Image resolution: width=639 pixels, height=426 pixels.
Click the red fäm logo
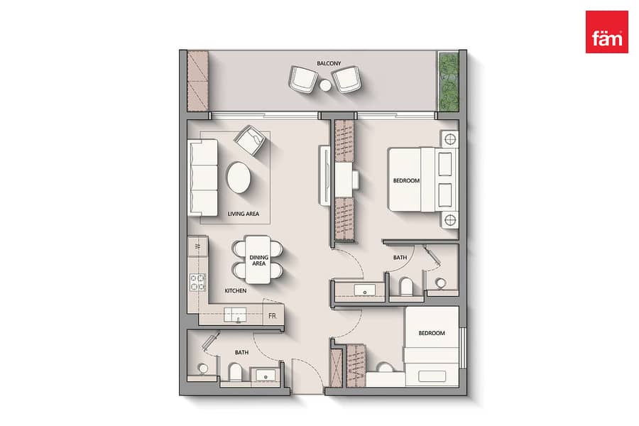[607, 32]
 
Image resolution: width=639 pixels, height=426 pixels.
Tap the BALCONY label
[329, 64]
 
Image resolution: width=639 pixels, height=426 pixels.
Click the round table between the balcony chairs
[325, 85]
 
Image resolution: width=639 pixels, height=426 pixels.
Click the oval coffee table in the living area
[239, 177]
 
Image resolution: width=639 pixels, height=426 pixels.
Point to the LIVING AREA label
[244, 214]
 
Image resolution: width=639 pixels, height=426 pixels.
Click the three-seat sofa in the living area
[202, 177]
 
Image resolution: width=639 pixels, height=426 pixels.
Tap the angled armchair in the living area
[250, 141]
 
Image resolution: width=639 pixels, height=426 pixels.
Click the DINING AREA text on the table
[258, 261]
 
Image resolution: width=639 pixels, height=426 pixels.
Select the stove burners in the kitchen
[198, 282]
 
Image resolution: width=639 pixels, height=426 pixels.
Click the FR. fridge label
[272, 316]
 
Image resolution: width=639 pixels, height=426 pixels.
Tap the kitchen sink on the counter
[235, 315]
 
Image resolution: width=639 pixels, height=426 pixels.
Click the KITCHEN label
[236, 290]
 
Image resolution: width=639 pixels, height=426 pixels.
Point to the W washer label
[198, 246]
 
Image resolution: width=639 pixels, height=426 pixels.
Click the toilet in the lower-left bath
[235, 371]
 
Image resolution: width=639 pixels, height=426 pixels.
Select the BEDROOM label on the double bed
[406, 180]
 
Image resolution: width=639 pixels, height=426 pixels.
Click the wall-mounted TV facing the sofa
[324, 175]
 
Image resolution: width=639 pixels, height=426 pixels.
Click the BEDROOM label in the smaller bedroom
[432, 333]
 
